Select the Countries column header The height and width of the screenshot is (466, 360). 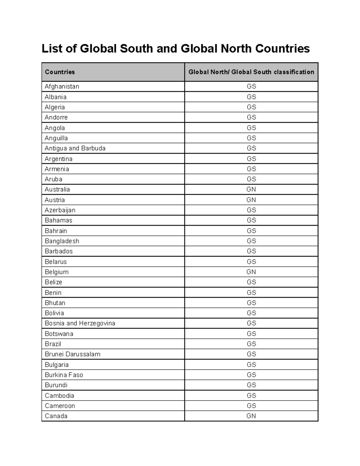pyautogui.click(x=60, y=72)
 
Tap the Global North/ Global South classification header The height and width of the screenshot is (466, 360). pyautogui.click(x=251, y=72)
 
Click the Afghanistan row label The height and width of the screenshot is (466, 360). pyautogui.click(x=62, y=86)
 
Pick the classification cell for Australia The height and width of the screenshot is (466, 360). pyautogui.click(x=251, y=189)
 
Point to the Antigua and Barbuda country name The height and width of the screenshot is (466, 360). pyautogui.click(x=75, y=148)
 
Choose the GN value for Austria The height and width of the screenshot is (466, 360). pyautogui.click(x=251, y=200)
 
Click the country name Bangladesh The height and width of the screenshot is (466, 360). pyautogui.click(x=62, y=241)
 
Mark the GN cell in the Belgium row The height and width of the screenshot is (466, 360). pyautogui.click(x=251, y=272)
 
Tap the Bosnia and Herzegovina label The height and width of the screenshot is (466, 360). pyautogui.click(x=80, y=323)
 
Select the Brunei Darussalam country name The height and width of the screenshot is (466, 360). pyautogui.click(x=72, y=354)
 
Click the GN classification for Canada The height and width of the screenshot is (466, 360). pyautogui.click(x=251, y=416)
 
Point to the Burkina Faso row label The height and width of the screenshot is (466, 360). pyautogui.click(x=64, y=375)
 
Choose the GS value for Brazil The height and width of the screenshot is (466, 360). pyautogui.click(x=251, y=344)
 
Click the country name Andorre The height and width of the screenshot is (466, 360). pyautogui.click(x=56, y=117)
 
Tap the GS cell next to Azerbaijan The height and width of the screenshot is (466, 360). pyautogui.click(x=251, y=210)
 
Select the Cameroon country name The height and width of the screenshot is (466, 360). pyautogui.click(x=60, y=406)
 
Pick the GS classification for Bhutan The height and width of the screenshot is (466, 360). pyautogui.click(x=251, y=303)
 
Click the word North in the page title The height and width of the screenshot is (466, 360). pyautogui.click(x=236, y=48)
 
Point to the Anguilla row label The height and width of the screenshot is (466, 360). pyautogui.click(x=56, y=138)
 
